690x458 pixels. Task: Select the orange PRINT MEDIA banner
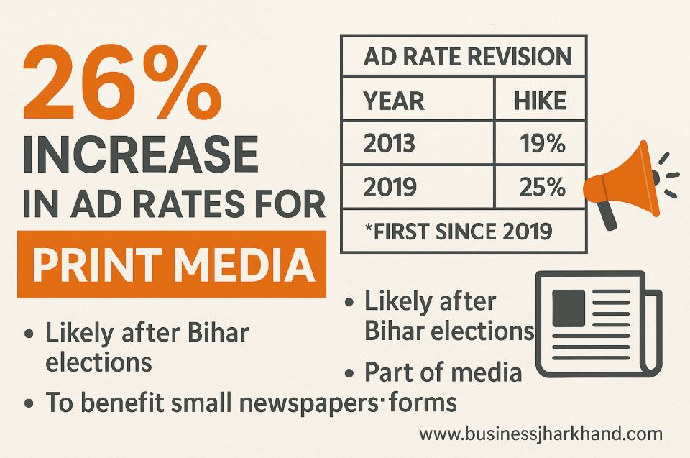pos(171,265)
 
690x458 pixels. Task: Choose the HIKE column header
pos(539,101)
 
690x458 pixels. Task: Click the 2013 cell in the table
pos(390,144)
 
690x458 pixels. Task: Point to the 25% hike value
pos(541,187)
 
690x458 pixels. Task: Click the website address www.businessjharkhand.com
pos(540,434)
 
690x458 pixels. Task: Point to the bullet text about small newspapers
pos(216,403)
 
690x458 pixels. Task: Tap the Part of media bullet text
pos(442,372)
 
